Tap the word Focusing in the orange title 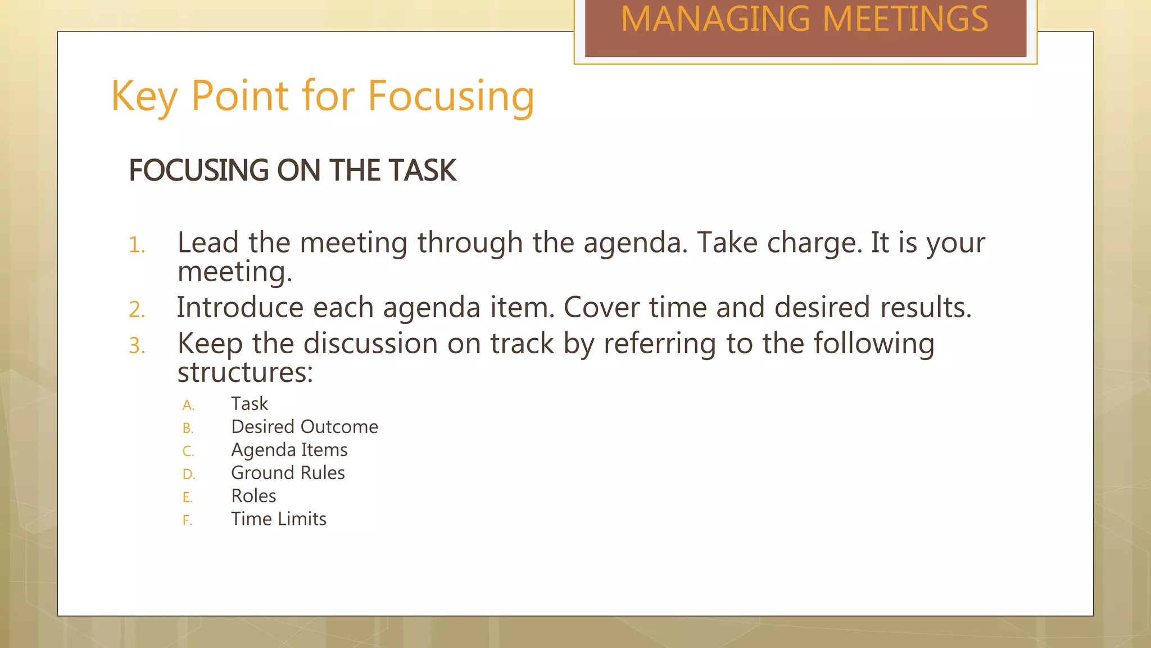click(x=451, y=97)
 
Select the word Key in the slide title click(x=144, y=97)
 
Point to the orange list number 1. click(x=137, y=246)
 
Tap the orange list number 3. click(x=137, y=346)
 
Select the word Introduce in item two click(x=239, y=308)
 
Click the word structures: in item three click(x=245, y=372)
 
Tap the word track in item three click(x=522, y=344)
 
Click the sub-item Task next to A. click(x=250, y=404)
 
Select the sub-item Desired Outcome click(x=304, y=427)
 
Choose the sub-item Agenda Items click(x=289, y=450)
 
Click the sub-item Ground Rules click(x=288, y=473)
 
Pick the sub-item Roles click(x=253, y=496)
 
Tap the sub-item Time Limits click(x=278, y=519)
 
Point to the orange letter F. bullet click(x=187, y=521)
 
